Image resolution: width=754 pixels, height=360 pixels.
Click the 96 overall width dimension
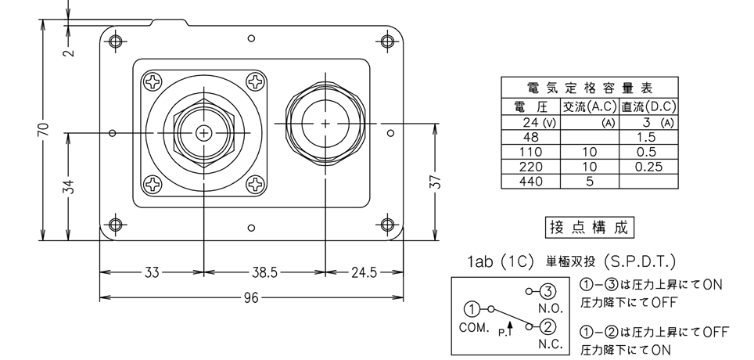251,298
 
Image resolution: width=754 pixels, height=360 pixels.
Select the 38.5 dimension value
265,273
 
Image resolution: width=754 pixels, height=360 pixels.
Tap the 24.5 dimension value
364,273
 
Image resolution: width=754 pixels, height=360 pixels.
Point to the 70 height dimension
44,129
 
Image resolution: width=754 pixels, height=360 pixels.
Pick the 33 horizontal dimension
152,273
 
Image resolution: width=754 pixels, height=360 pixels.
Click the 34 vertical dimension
70,187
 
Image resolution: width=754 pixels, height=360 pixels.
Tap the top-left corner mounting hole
116,41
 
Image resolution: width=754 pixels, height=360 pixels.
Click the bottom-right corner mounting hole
388,225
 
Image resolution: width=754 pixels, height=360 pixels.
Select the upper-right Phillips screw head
255,82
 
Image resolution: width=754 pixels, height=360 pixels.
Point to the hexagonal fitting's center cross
204,133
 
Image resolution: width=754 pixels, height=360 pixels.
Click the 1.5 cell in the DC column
646,137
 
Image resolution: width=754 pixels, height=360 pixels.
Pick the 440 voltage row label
531,182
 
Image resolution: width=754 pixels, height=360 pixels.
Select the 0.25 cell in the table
648,167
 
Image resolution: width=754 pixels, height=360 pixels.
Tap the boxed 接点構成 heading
589,227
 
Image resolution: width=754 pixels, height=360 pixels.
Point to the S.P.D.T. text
640,262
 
